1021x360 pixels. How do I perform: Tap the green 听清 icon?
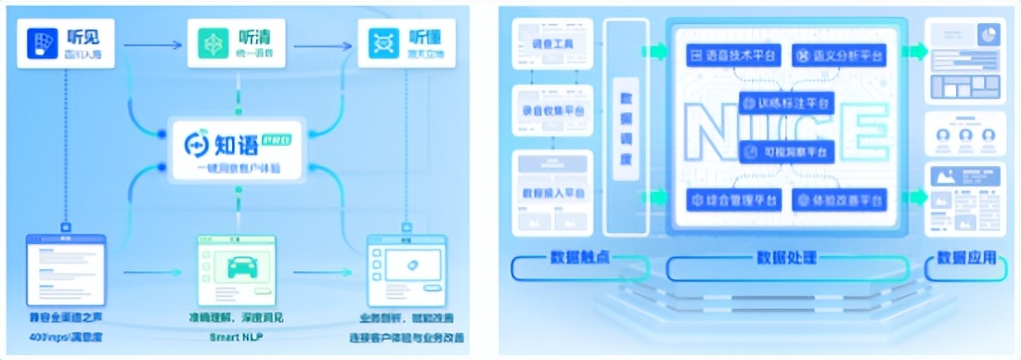213,44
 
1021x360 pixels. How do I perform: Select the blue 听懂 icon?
381,44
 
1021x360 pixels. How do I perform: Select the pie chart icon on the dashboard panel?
989,35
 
